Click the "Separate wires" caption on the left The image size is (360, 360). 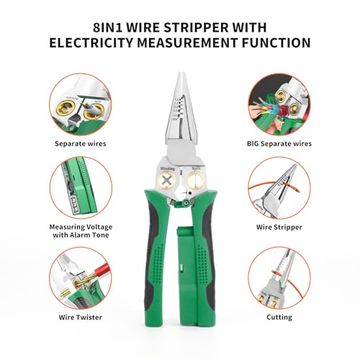pyautogui.click(x=79, y=143)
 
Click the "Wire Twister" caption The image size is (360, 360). pyautogui.click(x=80, y=317)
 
